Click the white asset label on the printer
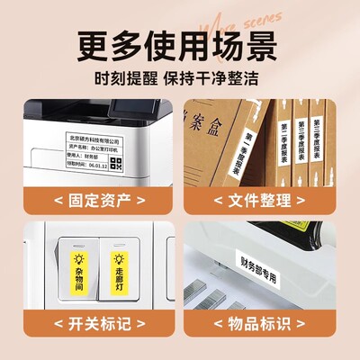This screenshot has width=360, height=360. pos(107,148)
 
